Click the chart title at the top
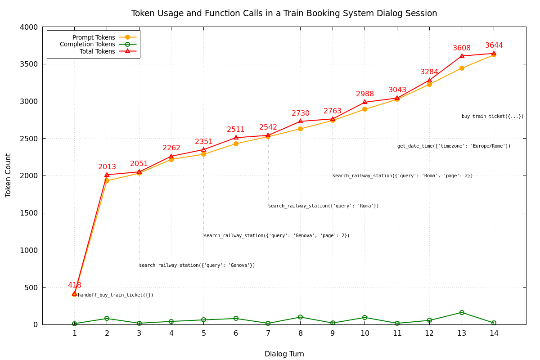[284, 13]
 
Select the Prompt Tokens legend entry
[94, 37]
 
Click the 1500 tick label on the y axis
[28, 213]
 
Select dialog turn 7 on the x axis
[268, 333]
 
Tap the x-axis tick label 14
[494, 333]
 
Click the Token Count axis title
[9, 175]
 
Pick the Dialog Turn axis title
[284, 354]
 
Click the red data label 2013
[107, 167]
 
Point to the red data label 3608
[462, 48]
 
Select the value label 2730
[301, 113]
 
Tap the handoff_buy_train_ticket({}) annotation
[116, 295]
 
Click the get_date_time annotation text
[454, 146]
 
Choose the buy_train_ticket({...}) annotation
[492, 117]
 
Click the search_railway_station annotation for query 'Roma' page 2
[402, 176]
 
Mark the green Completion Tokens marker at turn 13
[462, 312]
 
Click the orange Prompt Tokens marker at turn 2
[107, 181]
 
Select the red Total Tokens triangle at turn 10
[365, 102]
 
